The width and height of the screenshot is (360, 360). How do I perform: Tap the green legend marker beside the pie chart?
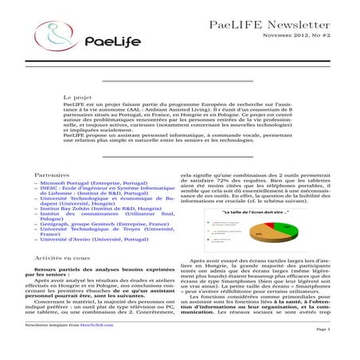206,223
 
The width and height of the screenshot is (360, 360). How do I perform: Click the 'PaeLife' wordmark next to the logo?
111,41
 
